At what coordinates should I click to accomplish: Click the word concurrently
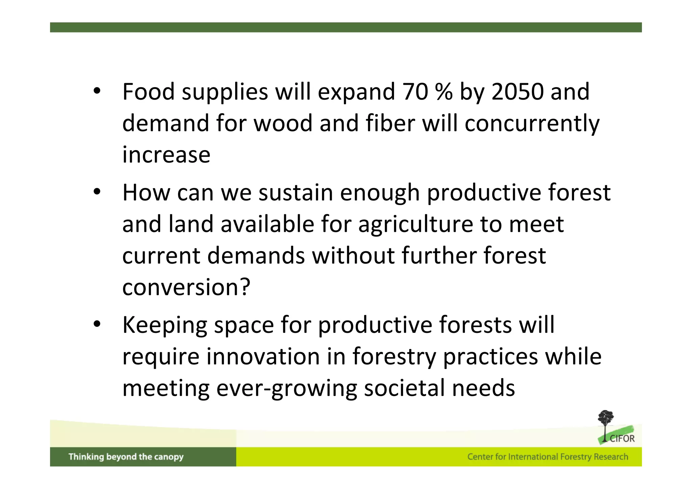[x=532, y=123]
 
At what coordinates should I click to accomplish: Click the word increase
[x=166, y=155]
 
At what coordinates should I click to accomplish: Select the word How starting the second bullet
[x=146, y=193]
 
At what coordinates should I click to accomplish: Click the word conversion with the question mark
[x=186, y=288]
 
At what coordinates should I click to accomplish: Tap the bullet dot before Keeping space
[x=97, y=324]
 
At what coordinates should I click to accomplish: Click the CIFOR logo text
[x=622, y=439]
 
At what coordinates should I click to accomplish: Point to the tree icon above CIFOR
[x=605, y=421]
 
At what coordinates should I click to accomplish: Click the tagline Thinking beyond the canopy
[x=126, y=457]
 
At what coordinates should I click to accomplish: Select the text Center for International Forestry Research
[x=547, y=457]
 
